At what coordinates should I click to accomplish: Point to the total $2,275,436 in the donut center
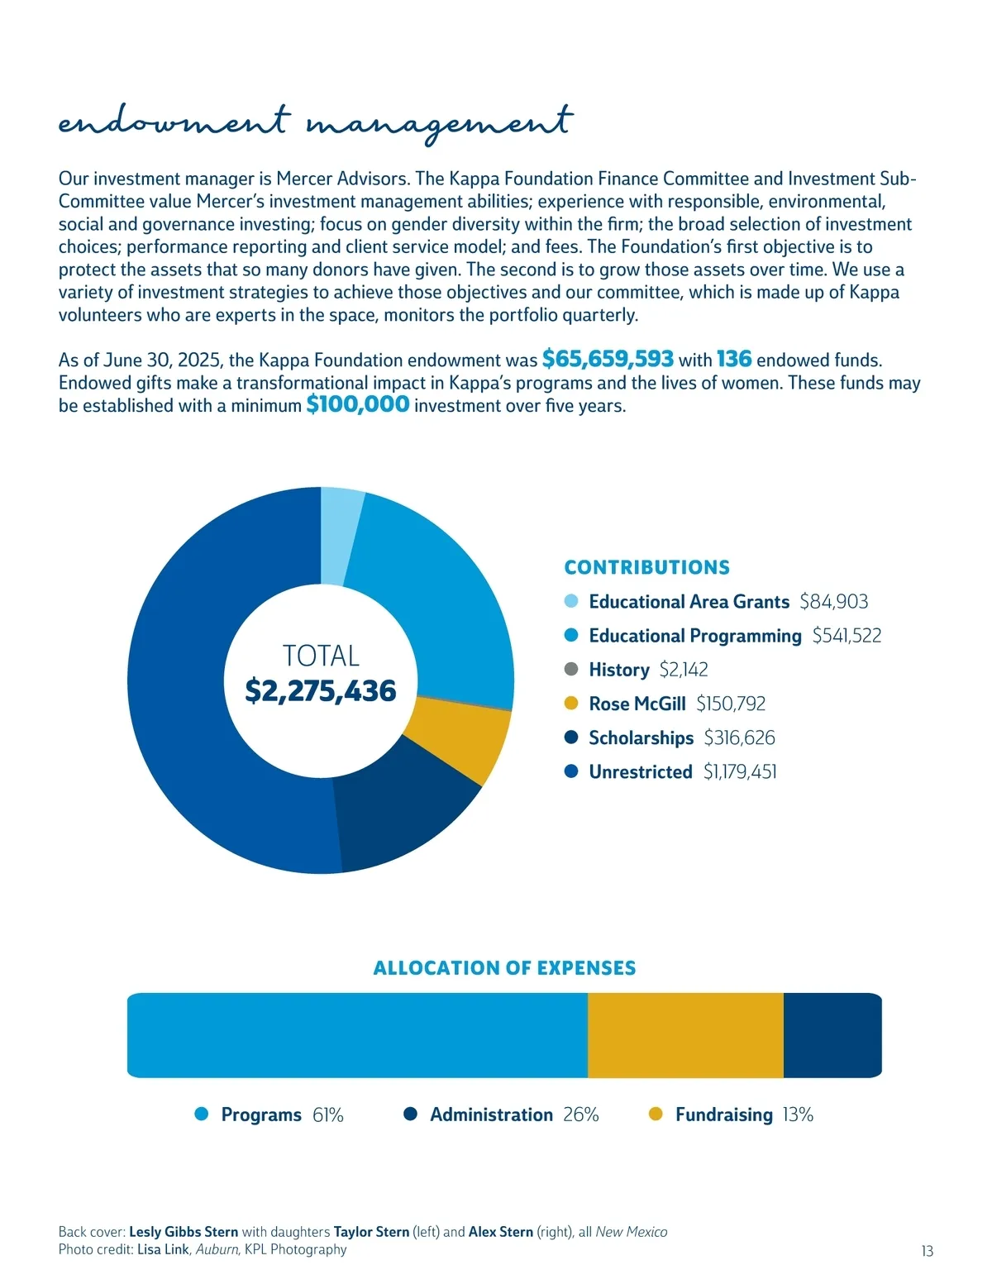321,690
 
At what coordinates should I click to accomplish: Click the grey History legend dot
571,669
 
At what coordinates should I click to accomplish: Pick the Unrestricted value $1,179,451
740,771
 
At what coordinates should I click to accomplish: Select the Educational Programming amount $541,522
847,635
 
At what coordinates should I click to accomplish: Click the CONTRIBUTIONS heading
646,567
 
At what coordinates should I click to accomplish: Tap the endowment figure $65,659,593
608,359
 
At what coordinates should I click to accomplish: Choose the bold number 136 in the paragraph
734,359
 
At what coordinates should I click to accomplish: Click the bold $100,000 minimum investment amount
357,404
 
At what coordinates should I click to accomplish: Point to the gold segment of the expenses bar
685,1035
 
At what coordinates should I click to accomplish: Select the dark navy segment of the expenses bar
832,1035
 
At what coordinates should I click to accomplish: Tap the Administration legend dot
411,1115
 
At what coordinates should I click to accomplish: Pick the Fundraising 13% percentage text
798,1115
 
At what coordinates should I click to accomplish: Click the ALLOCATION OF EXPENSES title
504,968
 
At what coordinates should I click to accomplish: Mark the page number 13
928,1251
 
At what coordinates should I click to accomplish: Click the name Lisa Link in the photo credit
163,1249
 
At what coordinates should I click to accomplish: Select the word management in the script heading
439,124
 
